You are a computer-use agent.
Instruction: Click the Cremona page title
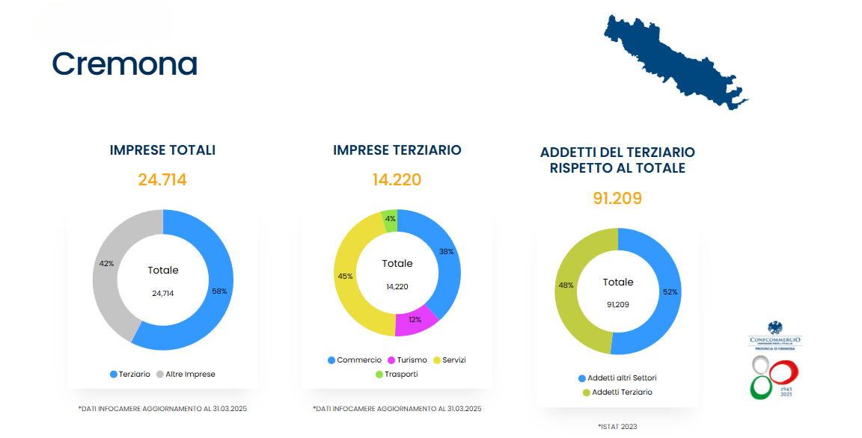point(124,64)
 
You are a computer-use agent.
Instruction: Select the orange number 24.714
point(162,180)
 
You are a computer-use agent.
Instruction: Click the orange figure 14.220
point(397,180)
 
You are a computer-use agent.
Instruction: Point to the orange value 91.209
point(617,199)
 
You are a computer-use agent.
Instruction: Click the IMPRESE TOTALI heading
point(162,150)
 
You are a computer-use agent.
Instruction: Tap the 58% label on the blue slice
point(219,292)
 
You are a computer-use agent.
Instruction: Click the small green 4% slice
point(390,219)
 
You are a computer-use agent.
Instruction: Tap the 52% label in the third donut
point(670,292)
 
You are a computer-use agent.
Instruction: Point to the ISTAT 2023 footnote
point(617,426)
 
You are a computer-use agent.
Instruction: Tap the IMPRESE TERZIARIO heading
point(397,150)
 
